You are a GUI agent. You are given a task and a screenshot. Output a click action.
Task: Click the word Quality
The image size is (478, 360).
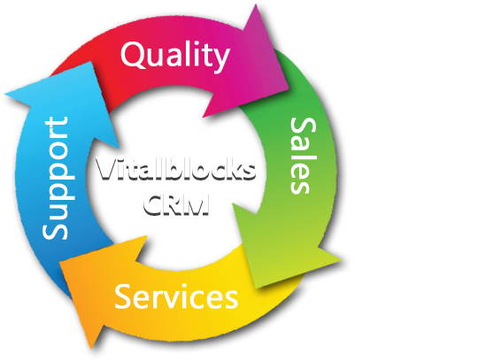(x=175, y=56)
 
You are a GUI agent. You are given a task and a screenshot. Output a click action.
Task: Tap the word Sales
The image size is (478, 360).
(x=303, y=156)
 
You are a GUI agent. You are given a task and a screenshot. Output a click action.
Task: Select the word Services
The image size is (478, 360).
(x=176, y=296)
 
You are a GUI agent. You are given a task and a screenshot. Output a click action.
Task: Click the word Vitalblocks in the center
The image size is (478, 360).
(x=175, y=168)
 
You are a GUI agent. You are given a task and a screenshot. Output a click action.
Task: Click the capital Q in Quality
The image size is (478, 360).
(x=133, y=55)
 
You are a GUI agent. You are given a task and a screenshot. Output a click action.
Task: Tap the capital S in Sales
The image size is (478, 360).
(x=303, y=127)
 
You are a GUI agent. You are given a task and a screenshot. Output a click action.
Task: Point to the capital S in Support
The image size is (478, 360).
(x=55, y=229)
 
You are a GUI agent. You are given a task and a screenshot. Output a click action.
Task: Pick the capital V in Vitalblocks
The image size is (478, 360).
(x=106, y=168)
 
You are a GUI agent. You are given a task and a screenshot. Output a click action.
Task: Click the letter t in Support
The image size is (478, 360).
(x=58, y=122)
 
